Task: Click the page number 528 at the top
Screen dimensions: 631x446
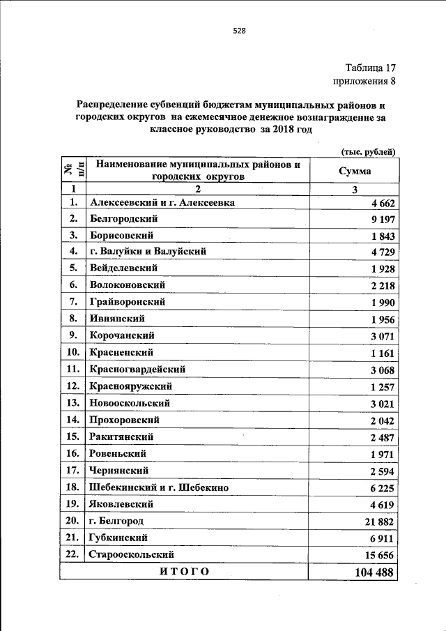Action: pyautogui.click(x=239, y=31)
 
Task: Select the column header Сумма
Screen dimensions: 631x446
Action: pyautogui.click(x=355, y=171)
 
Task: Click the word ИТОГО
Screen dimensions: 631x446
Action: pyautogui.click(x=184, y=572)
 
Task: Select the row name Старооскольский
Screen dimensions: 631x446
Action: pyautogui.click(x=132, y=554)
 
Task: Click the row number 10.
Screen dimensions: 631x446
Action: pyautogui.click(x=72, y=353)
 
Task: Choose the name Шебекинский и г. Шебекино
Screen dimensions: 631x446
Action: pyautogui.click(x=159, y=487)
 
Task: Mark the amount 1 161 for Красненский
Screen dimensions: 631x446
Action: pyautogui.click(x=383, y=353)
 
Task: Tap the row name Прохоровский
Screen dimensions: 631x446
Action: pyautogui.click(x=125, y=420)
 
